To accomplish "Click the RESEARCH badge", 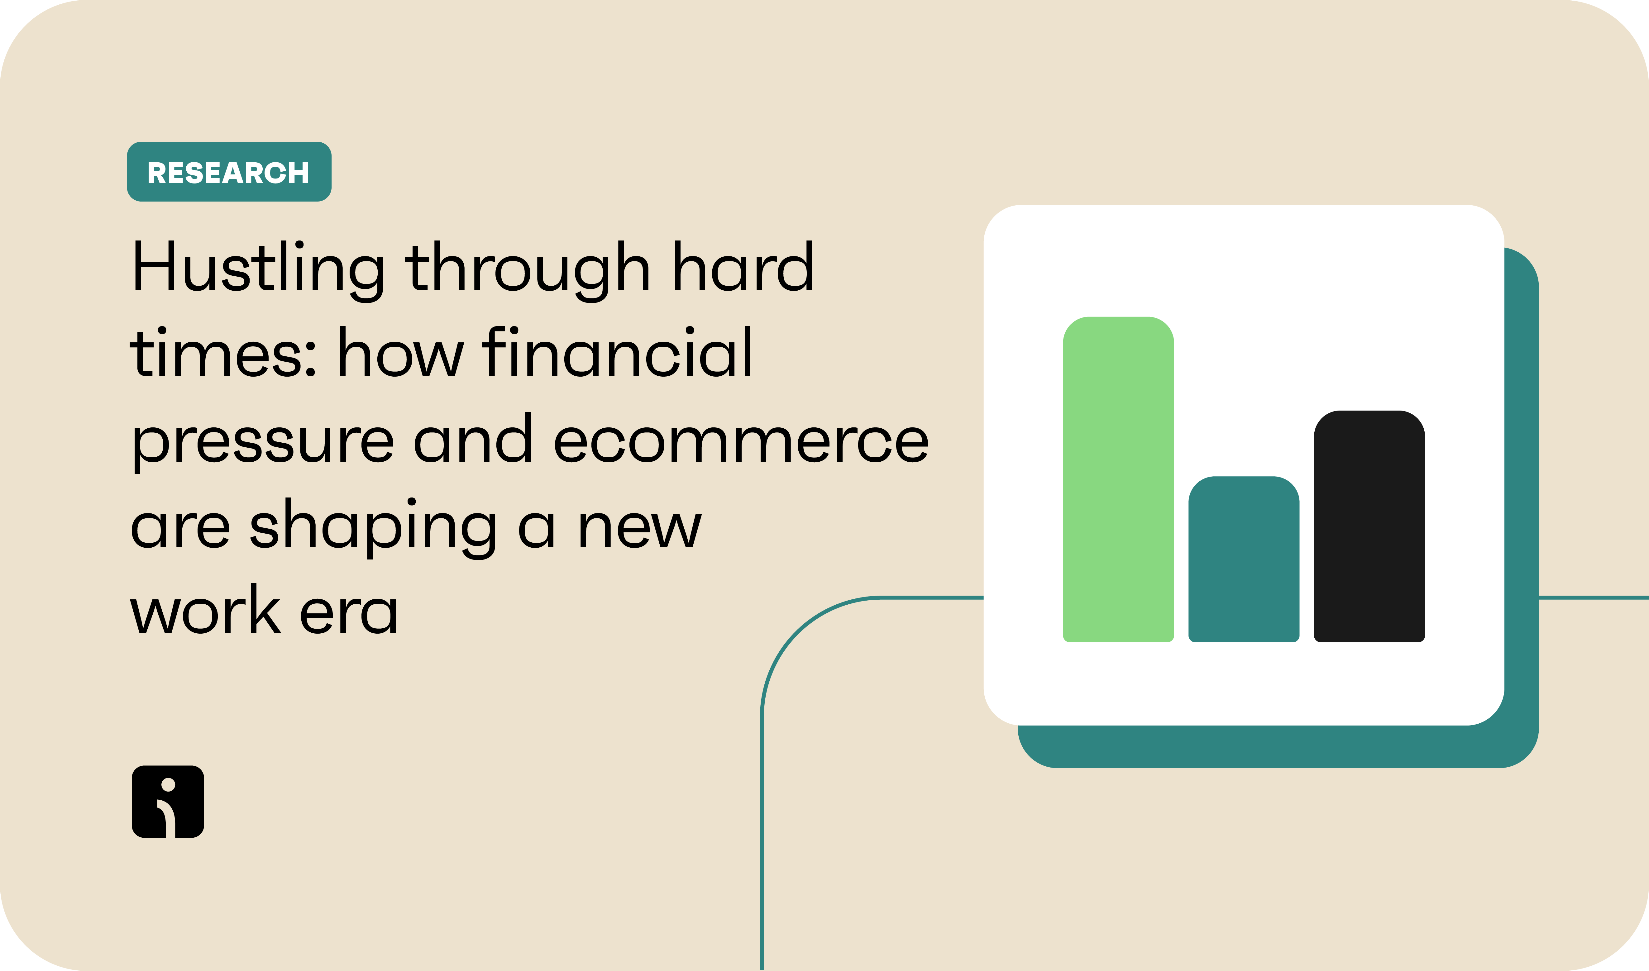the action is coord(229,171).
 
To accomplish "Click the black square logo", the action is coord(168,802).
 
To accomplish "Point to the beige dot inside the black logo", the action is coord(168,784).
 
